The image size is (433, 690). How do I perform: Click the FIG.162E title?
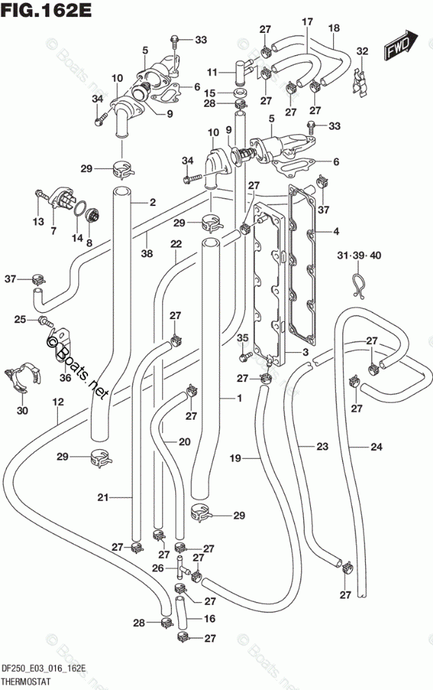pos(46,10)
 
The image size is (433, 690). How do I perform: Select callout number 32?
pos(362,51)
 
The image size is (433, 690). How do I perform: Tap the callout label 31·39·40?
pos(359,256)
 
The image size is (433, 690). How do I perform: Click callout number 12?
pos(58,402)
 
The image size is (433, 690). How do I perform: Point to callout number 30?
pos(22,411)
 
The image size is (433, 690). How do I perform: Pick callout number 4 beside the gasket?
pos(336,231)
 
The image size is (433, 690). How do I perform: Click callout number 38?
pos(147,254)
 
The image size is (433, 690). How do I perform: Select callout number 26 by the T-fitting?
pos(158,568)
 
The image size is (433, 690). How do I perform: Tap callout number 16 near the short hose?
pos(210,619)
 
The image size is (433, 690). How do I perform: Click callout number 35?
pos(243,339)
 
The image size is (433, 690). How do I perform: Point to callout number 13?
pos(38,221)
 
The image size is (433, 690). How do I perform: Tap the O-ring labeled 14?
pos(78,209)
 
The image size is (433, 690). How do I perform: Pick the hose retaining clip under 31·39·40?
pos(359,286)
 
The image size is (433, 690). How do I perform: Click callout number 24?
pos(376,447)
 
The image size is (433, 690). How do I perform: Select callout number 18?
pos(334,28)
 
